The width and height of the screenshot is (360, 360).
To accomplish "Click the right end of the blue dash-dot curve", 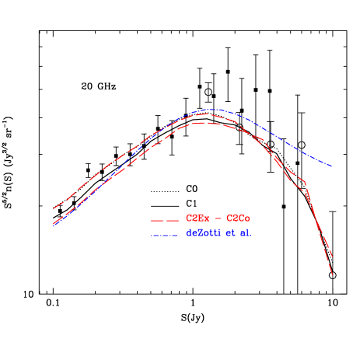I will pos(333,167).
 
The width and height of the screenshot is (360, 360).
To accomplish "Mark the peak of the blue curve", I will pos(213,110).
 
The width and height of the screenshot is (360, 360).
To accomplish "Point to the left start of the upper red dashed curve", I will pos(53,209).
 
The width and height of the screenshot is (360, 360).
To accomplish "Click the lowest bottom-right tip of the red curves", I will pos(333,274).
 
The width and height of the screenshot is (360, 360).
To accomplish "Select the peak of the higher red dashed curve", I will pos(205,114).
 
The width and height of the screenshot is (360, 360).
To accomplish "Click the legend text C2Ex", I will pos(196,218).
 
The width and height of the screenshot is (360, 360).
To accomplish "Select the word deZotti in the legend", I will pos(204,233).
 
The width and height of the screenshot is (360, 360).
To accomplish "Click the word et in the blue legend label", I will pos(231,233).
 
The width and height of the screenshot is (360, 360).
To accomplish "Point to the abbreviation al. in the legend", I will pos(245,233).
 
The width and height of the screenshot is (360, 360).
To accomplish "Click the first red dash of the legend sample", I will pos(156,220).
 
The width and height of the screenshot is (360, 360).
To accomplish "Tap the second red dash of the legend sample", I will pos(172,220).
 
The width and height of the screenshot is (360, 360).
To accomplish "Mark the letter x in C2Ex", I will pos(205,219).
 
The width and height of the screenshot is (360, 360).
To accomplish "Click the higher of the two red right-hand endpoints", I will pos(333,257).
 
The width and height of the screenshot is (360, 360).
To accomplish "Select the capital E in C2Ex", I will pos(200,218).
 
